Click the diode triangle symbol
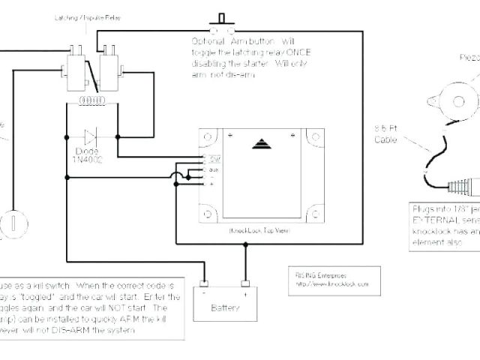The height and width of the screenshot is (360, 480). coord(91,136)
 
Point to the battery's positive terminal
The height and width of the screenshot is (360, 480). coord(244,284)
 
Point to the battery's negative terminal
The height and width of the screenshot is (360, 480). coord(202,284)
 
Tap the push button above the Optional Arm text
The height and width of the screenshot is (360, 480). coord(220,19)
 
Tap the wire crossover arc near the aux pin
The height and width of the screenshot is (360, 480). coord(177,177)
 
